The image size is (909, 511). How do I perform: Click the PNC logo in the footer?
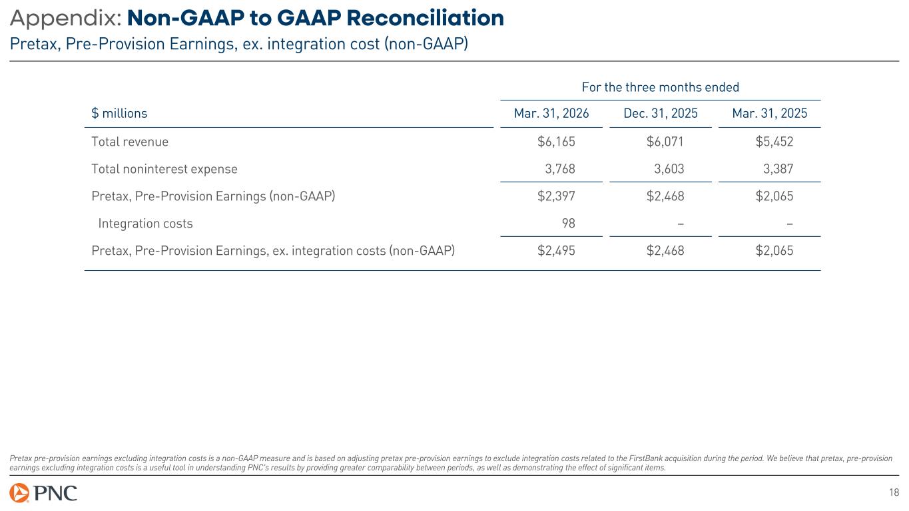pos(43,493)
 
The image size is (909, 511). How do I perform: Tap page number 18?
pos(894,492)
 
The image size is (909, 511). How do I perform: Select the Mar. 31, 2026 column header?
pos(551,114)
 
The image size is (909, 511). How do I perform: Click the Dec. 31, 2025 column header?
pos(661,114)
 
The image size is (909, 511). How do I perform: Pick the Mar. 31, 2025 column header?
pos(769,114)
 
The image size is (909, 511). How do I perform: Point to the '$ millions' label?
pos(119,114)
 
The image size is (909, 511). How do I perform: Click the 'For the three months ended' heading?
pos(660,87)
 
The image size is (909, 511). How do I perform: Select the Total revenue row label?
pos(130,142)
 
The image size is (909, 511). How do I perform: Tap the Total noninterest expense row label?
pos(164,169)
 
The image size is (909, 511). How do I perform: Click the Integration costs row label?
pos(145,224)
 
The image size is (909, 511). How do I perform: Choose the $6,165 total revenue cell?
pos(556,142)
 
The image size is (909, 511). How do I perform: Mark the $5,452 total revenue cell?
pos(774,142)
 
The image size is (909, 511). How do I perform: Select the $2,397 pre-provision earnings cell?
pos(556,196)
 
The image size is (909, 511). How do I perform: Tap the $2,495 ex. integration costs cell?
pos(556,251)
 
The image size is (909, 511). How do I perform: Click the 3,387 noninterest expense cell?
pos(777,169)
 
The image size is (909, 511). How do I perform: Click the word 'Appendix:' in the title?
pos(65,19)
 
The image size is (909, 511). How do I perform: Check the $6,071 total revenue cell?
pos(665,142)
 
